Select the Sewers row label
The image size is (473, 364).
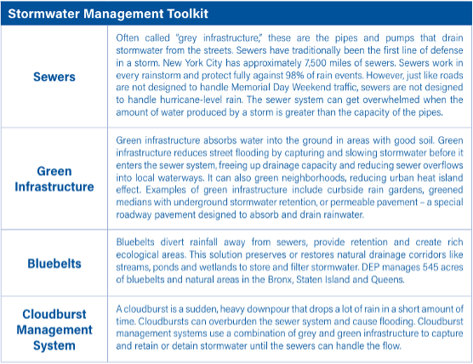(x=54, y=77)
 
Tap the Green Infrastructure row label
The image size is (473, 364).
(x=54, y=179)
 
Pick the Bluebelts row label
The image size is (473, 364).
(x=54, y=263)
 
